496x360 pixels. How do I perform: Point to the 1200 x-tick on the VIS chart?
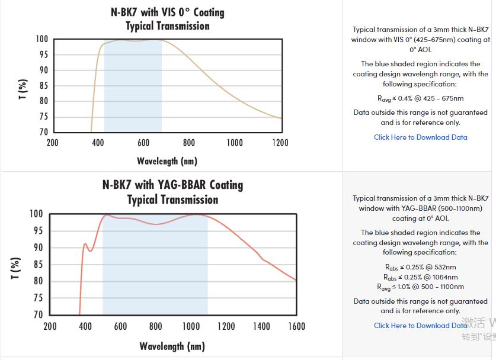pos(280,143)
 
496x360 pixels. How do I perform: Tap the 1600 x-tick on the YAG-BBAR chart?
pos(296,326)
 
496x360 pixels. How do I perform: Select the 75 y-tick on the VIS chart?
pos(43,117)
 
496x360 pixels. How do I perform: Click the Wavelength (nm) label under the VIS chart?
pos(167,161)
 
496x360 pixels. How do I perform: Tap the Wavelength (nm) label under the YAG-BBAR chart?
pos(172,346)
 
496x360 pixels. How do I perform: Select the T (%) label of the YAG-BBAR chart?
pos(16,268)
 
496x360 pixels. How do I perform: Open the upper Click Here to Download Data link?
pos(420,137)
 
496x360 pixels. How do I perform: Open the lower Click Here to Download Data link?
pos(420,326)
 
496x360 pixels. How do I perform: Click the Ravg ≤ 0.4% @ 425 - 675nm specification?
pos(420,99)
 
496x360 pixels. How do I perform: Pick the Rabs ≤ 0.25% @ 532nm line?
pos(420,267)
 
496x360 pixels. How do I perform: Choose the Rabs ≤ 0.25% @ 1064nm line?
pos(420,277)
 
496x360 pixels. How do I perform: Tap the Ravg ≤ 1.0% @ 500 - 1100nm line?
pos(420,287)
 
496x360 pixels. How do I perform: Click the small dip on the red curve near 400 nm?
pos(90,250)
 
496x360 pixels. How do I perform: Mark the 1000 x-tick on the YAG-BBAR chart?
pos(191,326)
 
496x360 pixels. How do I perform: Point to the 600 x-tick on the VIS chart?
pos(143,143)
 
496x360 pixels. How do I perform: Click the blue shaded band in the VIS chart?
pos(133,89)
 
